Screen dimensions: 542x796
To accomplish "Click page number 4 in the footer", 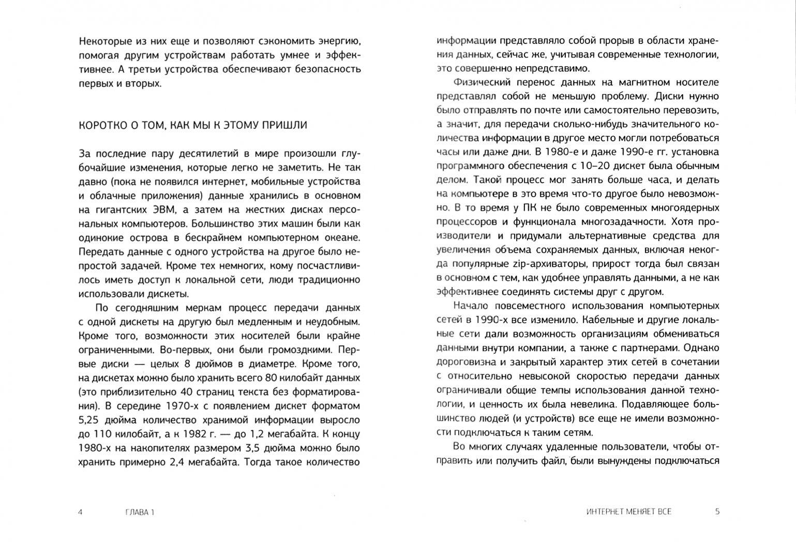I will point(80,512).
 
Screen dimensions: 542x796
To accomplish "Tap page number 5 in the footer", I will point(717,512).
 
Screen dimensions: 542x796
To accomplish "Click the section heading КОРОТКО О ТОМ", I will point(192,125).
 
